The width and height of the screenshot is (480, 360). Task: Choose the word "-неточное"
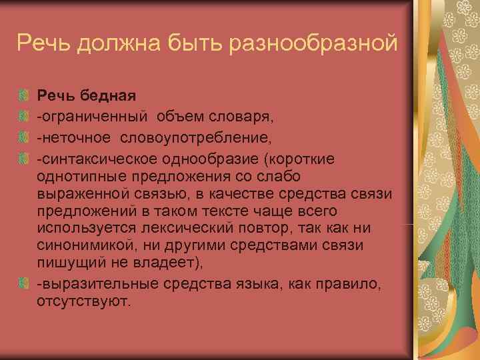pos(75,138)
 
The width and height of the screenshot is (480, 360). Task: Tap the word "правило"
pos(349,284)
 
